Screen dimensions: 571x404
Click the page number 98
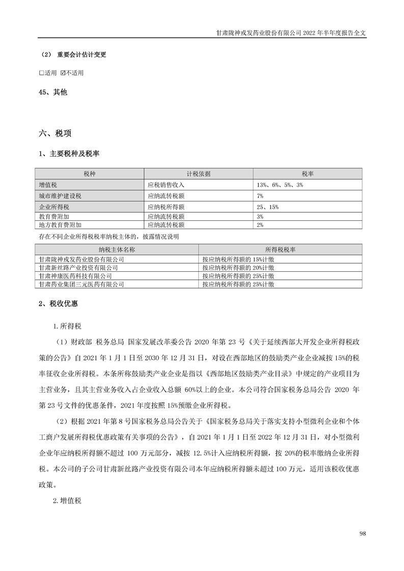pos(362,533)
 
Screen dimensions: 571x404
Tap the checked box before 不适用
pos(63,73)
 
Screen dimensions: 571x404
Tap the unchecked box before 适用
pos(42,73)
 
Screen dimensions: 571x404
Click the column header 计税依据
pos(198,174)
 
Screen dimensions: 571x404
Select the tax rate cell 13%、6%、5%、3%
pos(280,185)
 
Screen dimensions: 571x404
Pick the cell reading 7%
pos(260,195)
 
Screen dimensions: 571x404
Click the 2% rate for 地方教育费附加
pos(260,224)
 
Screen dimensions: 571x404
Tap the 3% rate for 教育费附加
pos(260,216)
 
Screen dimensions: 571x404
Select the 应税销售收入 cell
pos(166,185)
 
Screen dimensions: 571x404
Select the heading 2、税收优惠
pos(58,304)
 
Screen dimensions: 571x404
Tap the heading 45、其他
pos(53,93)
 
